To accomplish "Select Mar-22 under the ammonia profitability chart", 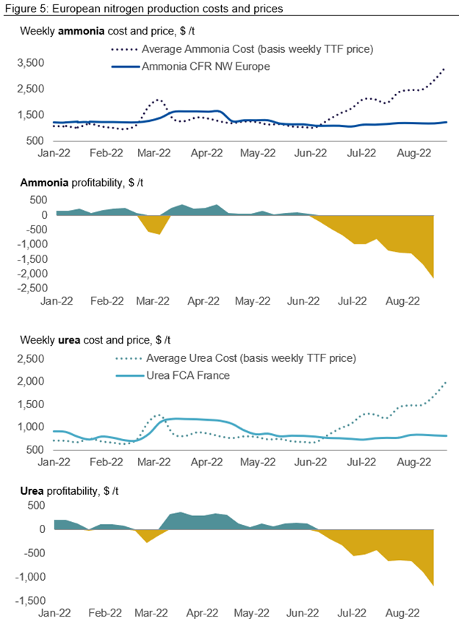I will coord(153,300).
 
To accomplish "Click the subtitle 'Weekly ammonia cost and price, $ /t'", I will coord(107,32).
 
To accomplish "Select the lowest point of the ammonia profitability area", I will coord(434,277).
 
